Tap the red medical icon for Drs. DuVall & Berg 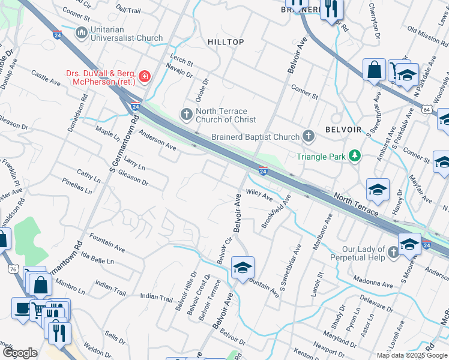144,76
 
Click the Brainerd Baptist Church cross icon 309,136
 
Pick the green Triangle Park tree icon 355,156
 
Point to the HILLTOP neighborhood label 226,42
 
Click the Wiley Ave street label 259,196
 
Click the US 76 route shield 12,270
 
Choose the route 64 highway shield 426,110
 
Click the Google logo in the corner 20,353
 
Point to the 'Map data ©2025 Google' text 412,355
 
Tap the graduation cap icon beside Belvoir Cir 243,268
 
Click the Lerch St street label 182,63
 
